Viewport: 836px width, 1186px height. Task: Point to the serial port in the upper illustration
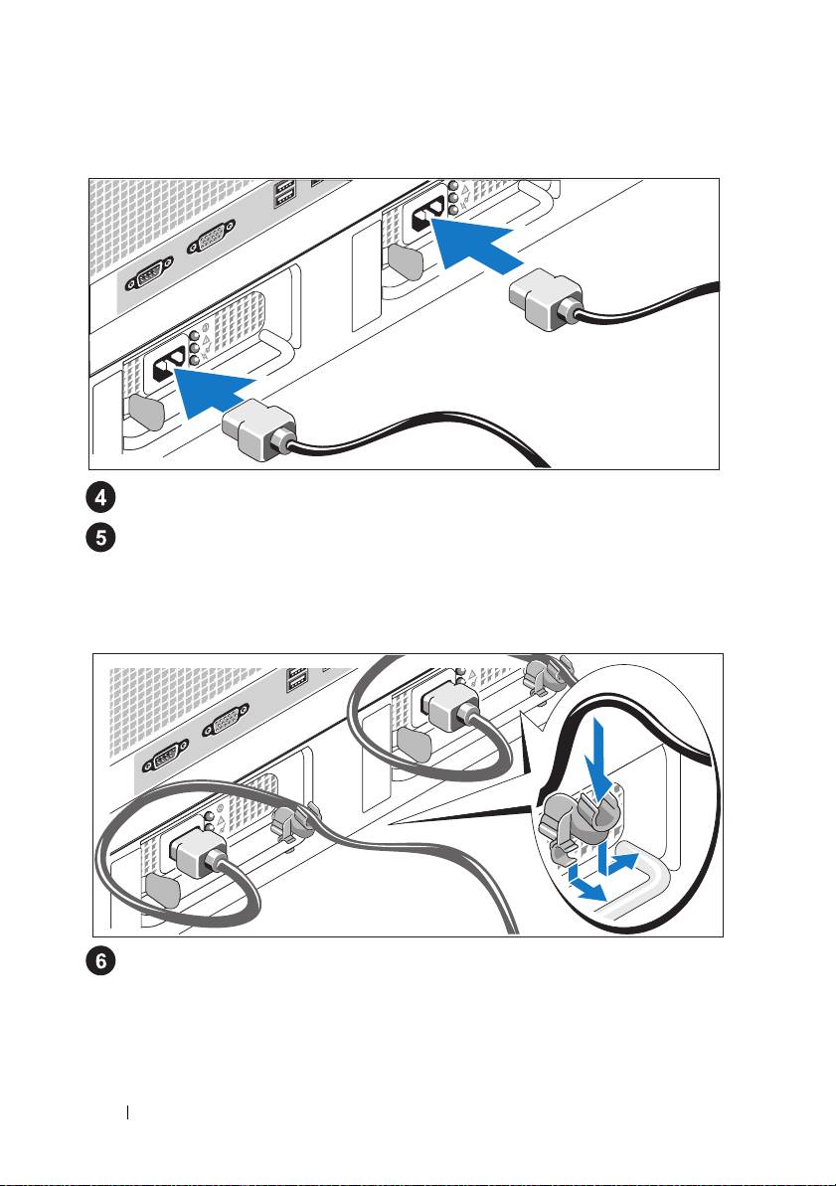(147, 273)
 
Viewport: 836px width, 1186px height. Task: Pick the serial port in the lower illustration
(161, 757)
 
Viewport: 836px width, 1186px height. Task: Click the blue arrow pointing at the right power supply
(474, 242)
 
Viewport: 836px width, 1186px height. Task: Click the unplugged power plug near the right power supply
(546, 299)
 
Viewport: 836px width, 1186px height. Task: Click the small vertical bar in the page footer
(128, 1111)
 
